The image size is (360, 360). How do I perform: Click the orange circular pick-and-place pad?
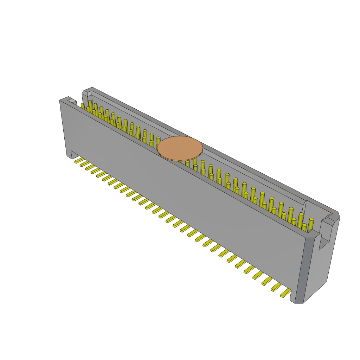(180, 148)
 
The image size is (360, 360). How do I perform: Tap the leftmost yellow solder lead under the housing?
(78, 160)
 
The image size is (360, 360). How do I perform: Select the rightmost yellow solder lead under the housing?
(285, 293)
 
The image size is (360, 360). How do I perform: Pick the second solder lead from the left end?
(84, 164)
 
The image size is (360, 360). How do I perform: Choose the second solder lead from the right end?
(276, 287)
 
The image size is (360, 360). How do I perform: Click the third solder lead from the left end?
(90, 167)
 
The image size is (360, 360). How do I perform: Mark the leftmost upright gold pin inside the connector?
(83, 106)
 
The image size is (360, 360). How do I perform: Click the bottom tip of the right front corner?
(299, 302)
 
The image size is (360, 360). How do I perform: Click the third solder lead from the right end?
(267, 281)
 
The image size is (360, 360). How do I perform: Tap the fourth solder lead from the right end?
(258, 275)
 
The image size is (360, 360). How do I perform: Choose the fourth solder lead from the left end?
(96, 171)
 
